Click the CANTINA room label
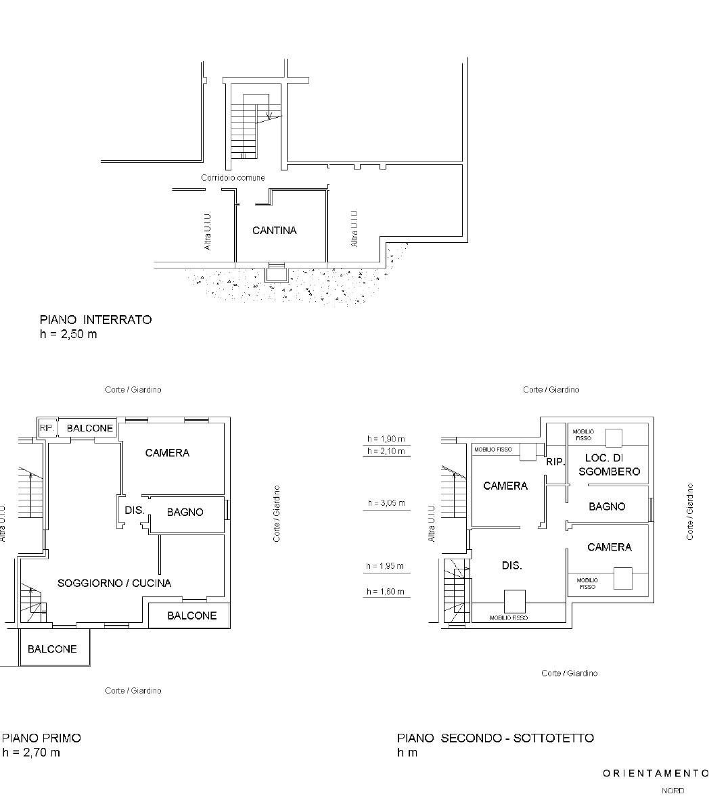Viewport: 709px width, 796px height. (274, 231)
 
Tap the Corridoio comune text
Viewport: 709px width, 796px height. (233, 178)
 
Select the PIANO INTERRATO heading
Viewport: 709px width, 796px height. (95, 320)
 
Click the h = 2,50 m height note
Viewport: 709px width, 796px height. (68, 334)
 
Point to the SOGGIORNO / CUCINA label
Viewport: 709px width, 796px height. (114, 583)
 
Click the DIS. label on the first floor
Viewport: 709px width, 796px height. (135, 510)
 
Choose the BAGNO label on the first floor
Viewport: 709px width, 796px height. (185, 512)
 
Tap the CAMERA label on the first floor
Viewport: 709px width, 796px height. (167, 453)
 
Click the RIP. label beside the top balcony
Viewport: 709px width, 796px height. (47, 428)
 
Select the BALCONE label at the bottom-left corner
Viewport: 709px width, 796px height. (52, 649)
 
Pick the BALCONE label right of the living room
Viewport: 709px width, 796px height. (192, 616)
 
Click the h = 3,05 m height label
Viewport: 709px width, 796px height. (386, 503)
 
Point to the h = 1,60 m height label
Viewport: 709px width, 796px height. (386, 591)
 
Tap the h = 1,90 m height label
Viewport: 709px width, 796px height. (386, 439)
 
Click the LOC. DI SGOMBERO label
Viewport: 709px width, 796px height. (609, 465)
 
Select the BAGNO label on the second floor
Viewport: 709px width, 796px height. (607, 507)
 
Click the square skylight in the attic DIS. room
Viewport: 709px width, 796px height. (514, 602)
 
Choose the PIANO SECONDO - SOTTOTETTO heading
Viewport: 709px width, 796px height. (496, 738)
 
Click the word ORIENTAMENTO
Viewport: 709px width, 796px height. (656, 773)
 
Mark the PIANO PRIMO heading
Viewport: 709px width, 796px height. (42, 738)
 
